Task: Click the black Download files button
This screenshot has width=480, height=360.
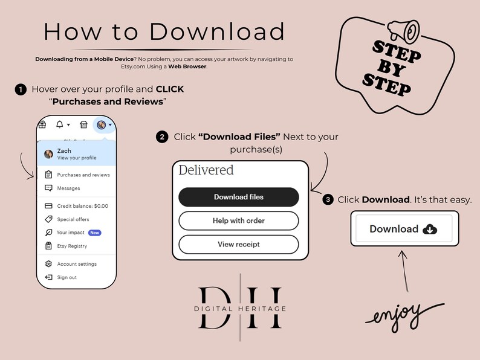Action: coord(238,197)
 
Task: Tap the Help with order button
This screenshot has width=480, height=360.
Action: coord(238,220)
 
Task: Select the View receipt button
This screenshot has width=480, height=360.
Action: coord(238,245)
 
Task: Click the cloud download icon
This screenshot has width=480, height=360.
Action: coord(430,229)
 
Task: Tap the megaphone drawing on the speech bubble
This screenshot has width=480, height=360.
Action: coord(404,31)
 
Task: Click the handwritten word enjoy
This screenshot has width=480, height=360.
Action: coord(404,317)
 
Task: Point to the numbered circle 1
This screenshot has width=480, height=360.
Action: coord(21,89)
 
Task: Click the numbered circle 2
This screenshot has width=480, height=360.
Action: coord(162,137)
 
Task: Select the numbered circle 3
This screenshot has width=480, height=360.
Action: coord(328,200)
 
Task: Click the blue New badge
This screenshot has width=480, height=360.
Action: coord(94,233)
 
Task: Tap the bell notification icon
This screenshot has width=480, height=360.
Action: coord(60,124)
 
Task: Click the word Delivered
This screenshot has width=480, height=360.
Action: coord(206,170)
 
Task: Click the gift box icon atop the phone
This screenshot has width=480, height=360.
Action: coord(42,124)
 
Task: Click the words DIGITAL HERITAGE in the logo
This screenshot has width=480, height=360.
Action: coord(240,309)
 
